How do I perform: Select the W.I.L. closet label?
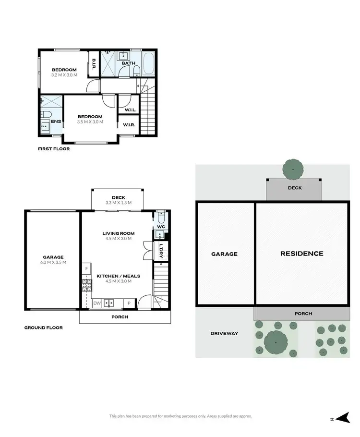[x=130, y=110]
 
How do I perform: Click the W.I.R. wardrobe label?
[x=129, y=125]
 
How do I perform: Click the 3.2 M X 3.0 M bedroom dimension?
[x=64, y=75]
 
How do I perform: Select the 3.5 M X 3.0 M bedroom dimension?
[x=90, y=121]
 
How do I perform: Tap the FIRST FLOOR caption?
[x=54, y=149]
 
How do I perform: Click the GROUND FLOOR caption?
[x=43, y=328]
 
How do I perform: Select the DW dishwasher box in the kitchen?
[x=97, y=303]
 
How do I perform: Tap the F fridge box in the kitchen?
[x=86, y=269]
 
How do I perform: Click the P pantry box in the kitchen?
[x=129, y=303]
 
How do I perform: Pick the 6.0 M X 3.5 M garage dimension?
[x=53, y=262]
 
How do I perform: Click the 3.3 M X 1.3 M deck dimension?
[x=118, y=203]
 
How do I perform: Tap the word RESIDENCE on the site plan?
[x=301, y=254]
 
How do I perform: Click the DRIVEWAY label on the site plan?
[x=224, y=333]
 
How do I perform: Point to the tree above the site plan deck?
[x=293, y=169]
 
